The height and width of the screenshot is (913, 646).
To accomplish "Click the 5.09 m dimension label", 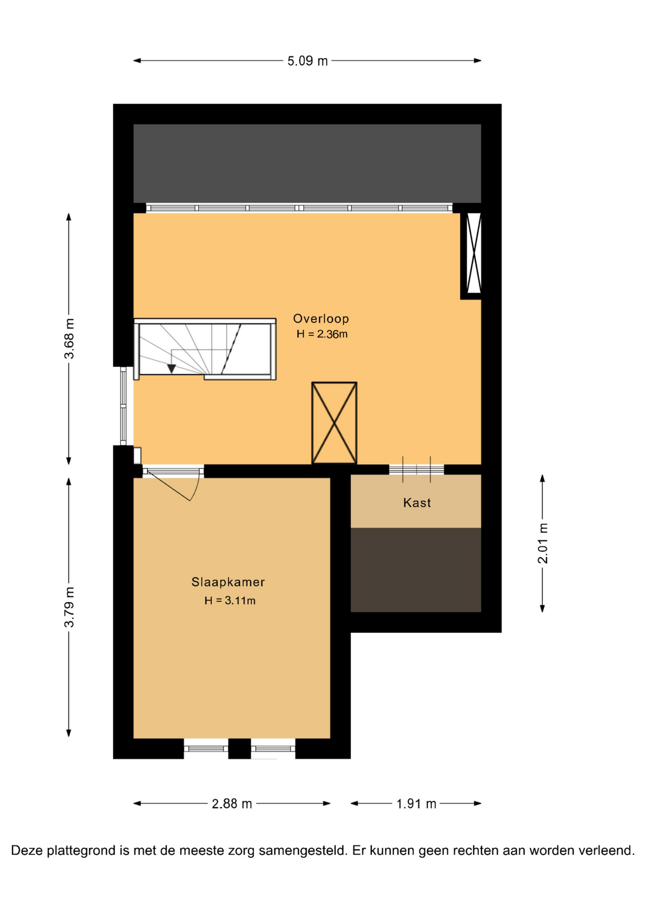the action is pos(307,61).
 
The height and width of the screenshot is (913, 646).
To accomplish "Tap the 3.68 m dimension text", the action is pos(69,339).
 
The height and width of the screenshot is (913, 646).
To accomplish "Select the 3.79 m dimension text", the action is pos(69,607).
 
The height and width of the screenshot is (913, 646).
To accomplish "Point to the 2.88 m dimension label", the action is pos(232,804).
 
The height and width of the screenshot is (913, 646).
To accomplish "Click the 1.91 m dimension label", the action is pos(416,804).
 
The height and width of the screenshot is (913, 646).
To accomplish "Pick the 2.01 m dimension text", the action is pos(543,543).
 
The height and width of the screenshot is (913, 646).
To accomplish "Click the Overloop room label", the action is pos(321,319).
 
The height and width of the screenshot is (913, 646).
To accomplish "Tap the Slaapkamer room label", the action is pos(228,582).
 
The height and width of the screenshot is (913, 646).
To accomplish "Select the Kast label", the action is pos(417,503).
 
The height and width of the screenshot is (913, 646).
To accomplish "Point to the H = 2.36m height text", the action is pos(322,334).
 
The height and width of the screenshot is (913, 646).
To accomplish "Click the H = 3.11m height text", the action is pos(230,601).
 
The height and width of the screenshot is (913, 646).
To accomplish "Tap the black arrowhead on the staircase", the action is pos(172,369).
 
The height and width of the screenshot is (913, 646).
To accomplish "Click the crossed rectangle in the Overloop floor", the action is pos(334,423).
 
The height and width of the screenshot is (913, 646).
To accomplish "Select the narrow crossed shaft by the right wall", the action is pos(474,253).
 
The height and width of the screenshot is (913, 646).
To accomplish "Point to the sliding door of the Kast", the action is pos(416,470).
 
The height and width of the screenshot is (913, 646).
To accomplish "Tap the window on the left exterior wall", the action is pos(123,406).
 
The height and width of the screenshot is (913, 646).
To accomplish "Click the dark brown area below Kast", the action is pos(416,570).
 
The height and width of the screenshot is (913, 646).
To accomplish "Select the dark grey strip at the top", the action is pos(307,164).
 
